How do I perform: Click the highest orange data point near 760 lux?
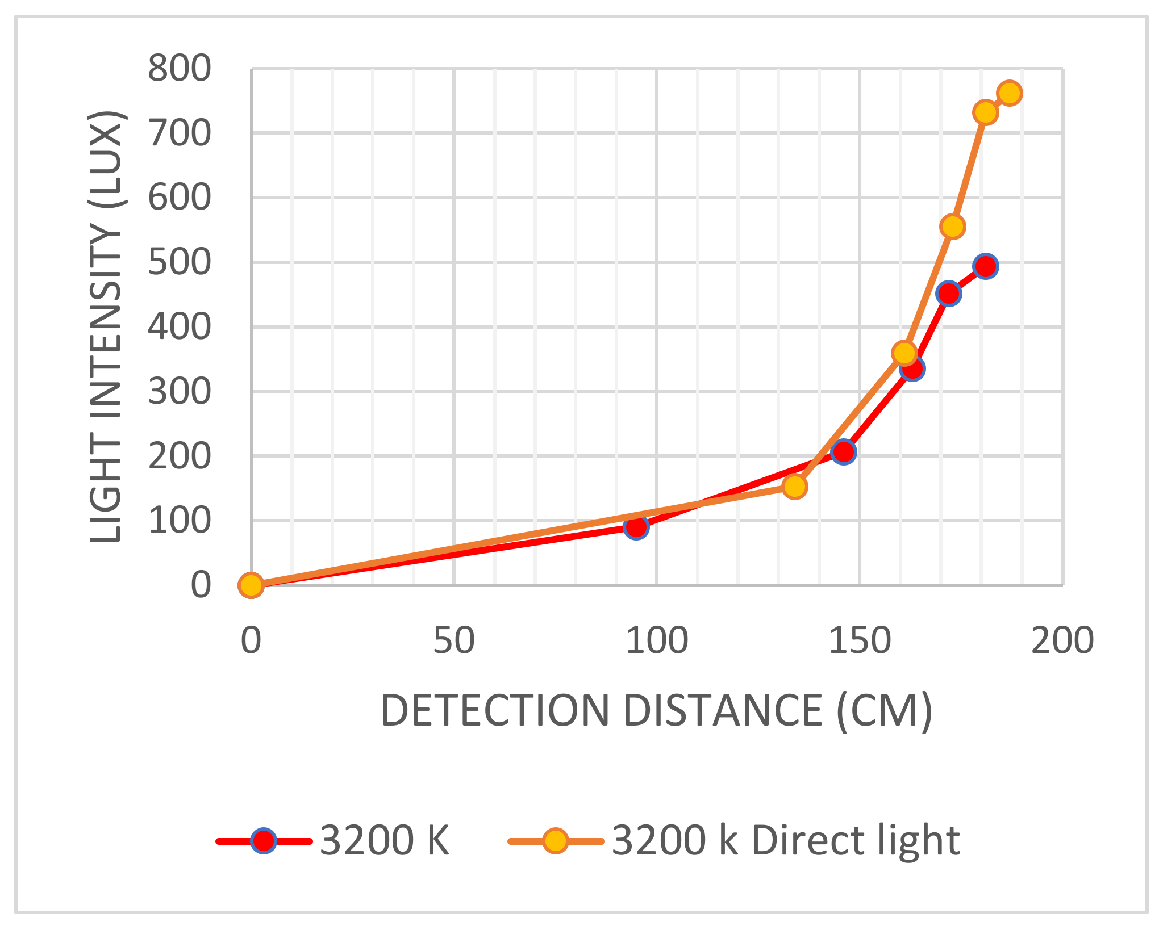point(1009,93)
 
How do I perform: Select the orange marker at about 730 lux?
point(985,112)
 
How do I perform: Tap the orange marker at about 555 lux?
point(953,227)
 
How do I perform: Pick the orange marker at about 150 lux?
point(794,487)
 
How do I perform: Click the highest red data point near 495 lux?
point(986,266)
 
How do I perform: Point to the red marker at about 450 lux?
point(948,294)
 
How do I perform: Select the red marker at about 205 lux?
point(843,452)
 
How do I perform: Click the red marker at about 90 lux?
point(636,527)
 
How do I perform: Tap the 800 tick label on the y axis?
point(179,69)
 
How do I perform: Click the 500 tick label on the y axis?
point(179,262)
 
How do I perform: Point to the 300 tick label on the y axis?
point(179,392)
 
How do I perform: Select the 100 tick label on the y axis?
point(179,521)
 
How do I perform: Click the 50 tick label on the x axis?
point(454,641)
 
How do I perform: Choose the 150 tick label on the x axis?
point(860,641)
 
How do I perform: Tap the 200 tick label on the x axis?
point(1062,641)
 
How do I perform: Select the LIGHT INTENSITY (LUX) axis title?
point(106,326)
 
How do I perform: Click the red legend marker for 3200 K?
point(264,841)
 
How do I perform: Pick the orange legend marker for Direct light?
point(555,841)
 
